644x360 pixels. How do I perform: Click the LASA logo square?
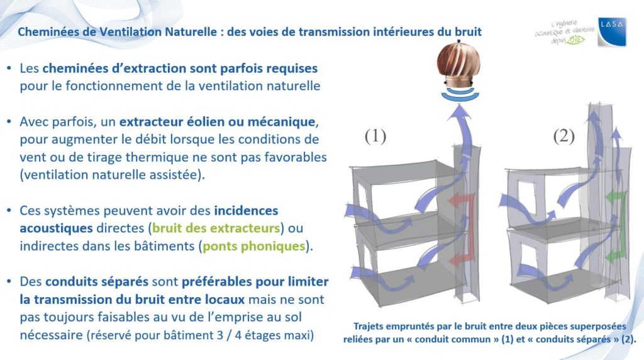pyautogui.click(x=612, y=31)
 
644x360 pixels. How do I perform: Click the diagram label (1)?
pyautogui.click(x=375, y=136)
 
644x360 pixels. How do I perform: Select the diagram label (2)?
pyautogui.click(x=563, y=136)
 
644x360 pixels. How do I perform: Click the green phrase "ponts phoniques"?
pyautogui.click(x=254, y=246)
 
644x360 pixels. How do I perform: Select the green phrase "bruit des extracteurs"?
pyautogui.click(x=216, y=228)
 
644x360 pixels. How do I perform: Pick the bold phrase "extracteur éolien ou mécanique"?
pyautogui.click(x=217, y=122)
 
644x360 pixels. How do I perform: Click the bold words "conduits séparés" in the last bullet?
pyautogui.click(x=96, y=282)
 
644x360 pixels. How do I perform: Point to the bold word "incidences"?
pyautogui.click(x=246, y=210)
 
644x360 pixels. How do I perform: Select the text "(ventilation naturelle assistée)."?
pyautogui.click(x=112, y=175)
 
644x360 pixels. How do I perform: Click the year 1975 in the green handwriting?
pyautogui.click(x=574, y=40)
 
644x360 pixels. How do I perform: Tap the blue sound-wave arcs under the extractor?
pyautogui.click(x=460, y=94)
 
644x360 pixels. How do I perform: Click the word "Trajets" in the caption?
pyautogui.click(x=370, y=327)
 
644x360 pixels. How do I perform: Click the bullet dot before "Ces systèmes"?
pyautogui.click(x=9, y=211)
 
